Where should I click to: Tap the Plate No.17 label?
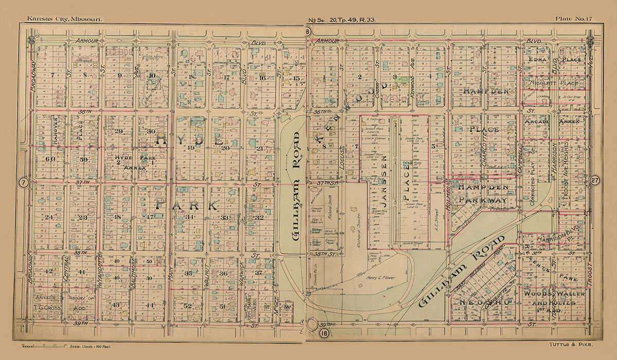click(x=573, y=19)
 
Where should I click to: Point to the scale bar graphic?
click(x=44, y=344)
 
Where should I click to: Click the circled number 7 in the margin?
click(x=22, y=182)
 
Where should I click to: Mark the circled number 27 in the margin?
click(x=595, y=181)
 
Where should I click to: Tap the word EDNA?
click(x=535, y=60)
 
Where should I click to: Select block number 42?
click(x=49, y=271)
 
